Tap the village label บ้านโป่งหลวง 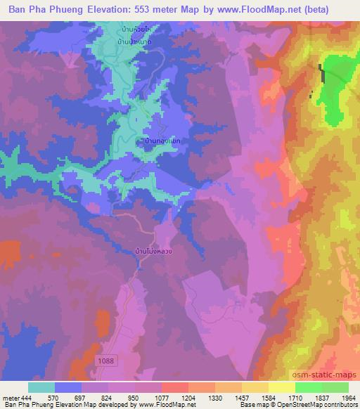coord(150,250)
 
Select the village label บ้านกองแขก coord(161,141)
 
